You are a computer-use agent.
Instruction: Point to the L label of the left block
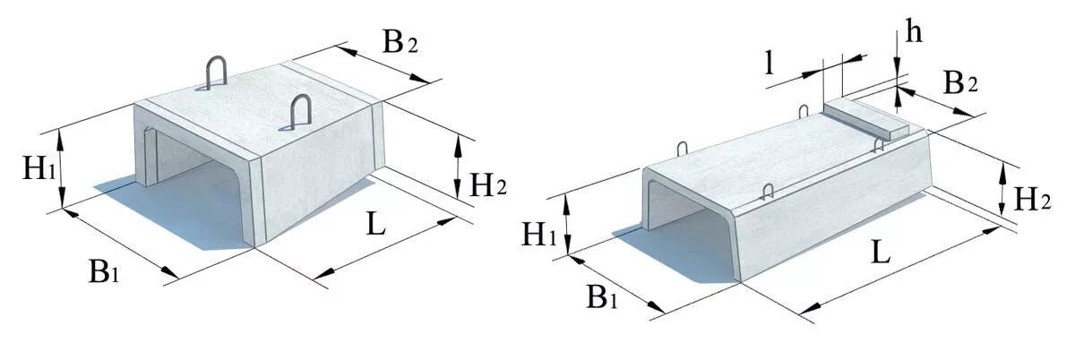tap(375, 223)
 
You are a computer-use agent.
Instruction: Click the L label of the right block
tap(881, 254)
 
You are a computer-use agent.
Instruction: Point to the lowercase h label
tap(913, 32)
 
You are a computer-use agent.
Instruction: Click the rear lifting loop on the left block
tap(216, 73)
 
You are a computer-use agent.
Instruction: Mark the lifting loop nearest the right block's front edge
tap(767, 190)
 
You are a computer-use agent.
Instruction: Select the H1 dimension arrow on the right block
tap(567, 225)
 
